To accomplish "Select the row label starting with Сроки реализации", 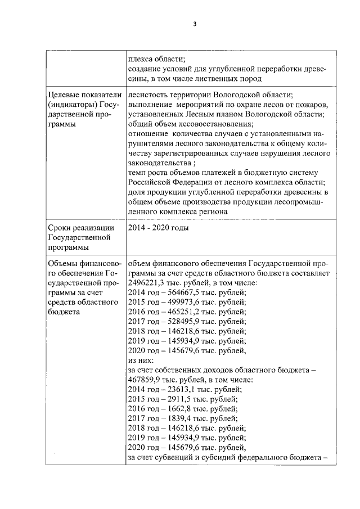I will [81, 228].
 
